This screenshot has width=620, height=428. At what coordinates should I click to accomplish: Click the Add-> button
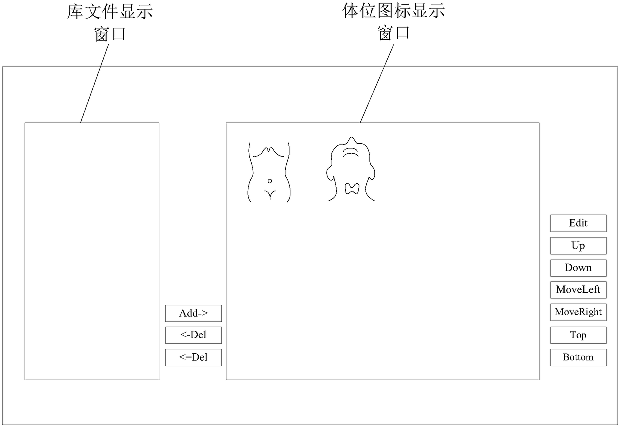coord(193,313)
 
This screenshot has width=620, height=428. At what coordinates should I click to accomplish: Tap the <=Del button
coord(193,357)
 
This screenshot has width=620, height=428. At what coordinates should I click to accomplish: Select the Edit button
coord(578,223)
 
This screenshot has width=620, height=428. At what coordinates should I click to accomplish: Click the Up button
coord(578,246)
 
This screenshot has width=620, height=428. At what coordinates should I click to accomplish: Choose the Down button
coord(578,268)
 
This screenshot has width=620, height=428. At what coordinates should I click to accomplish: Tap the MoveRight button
coord(578,312)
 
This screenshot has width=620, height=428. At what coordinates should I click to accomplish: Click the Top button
coord(578,335)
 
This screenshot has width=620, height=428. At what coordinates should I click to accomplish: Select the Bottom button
coord(578,357)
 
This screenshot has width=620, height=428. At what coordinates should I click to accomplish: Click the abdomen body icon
coord(269,172)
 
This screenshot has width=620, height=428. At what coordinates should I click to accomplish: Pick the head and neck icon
coord(352,170)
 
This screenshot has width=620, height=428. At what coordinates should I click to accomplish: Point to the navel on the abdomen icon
coord(270,180)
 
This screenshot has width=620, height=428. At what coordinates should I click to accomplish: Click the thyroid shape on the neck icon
coord(352,188)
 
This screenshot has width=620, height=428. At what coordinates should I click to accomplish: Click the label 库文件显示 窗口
coord(110,22)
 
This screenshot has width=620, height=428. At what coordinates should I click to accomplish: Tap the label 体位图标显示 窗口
coord(394,22)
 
